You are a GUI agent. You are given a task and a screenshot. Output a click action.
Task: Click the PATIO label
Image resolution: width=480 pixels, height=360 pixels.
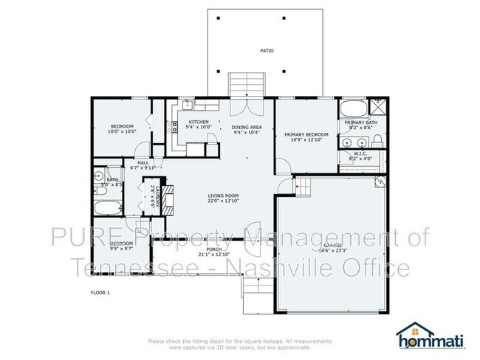(267, 52)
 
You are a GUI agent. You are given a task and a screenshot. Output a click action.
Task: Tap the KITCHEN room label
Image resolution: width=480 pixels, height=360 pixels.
(199, 122)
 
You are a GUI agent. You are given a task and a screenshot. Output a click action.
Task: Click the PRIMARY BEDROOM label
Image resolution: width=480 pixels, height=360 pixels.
(306, 134)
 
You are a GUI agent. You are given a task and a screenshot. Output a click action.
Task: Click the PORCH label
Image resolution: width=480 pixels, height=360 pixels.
(214, 249)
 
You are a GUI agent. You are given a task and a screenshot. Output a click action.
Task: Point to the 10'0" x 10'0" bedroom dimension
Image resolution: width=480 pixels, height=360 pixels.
(122, 131)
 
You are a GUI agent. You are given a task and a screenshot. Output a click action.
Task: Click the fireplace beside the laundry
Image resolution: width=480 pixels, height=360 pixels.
(168, 198)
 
